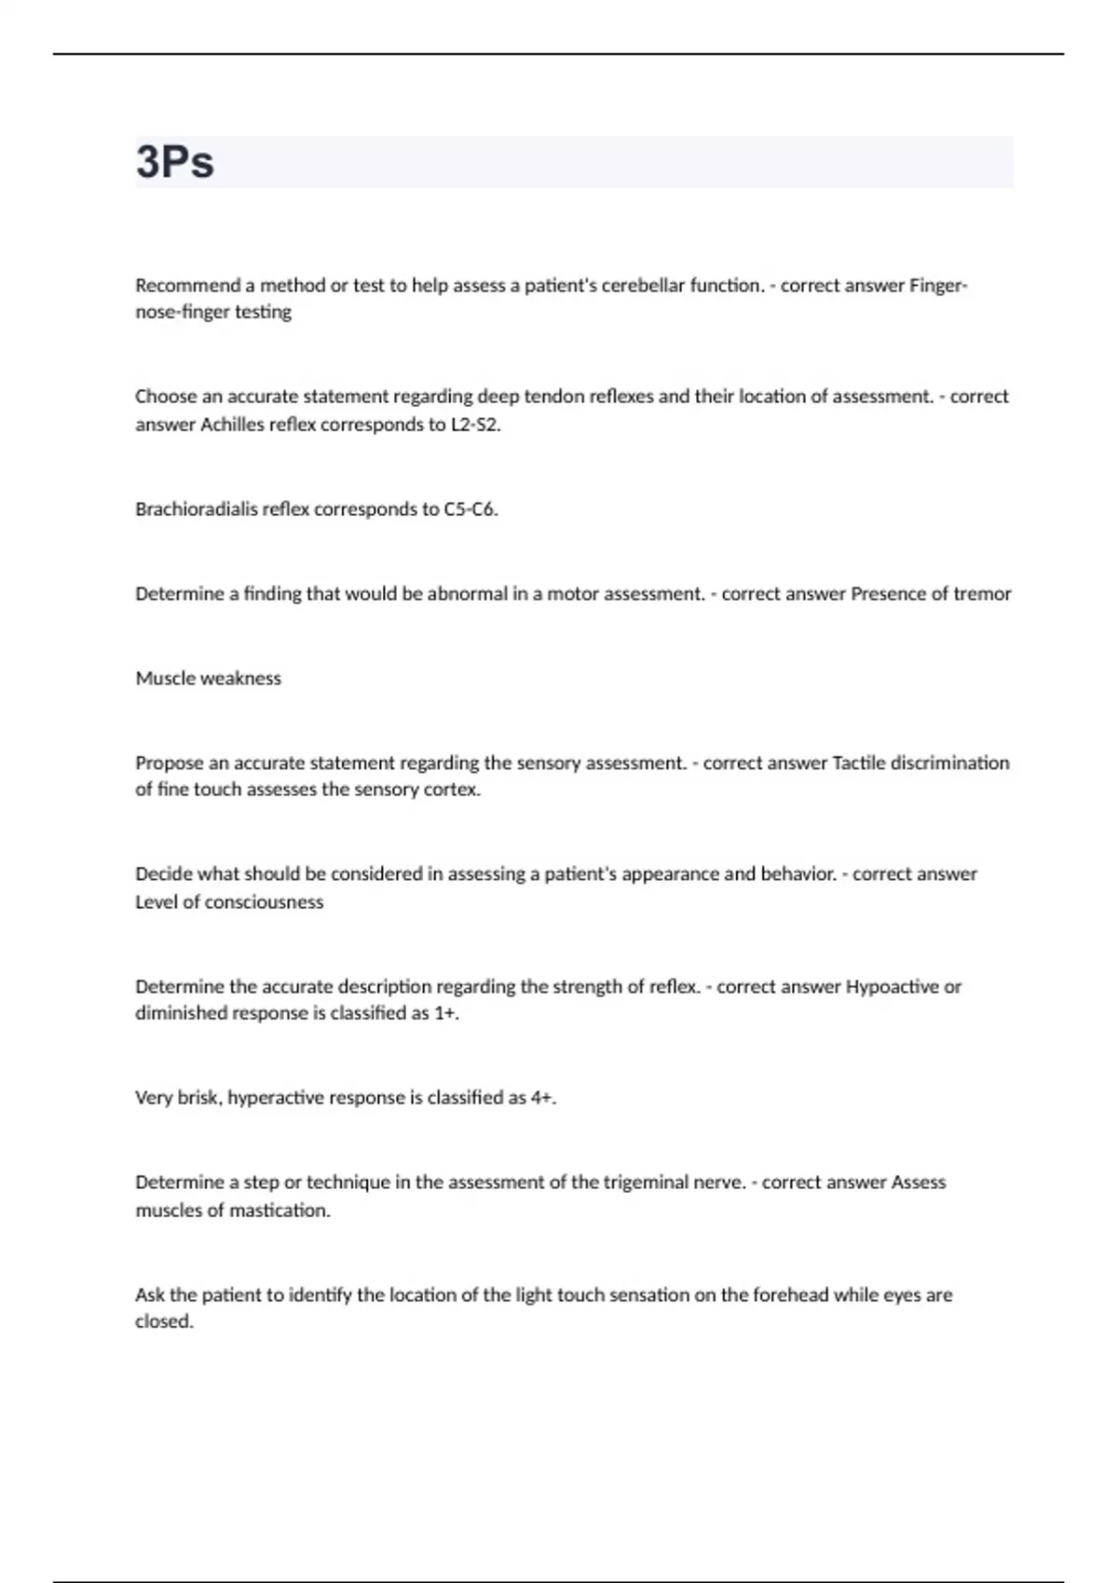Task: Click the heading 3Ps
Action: [x=175, y=162]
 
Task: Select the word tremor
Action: [x=982, y=594]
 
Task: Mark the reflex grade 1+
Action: [x=446, y=1014]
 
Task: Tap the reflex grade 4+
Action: [x=543, y=1098]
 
